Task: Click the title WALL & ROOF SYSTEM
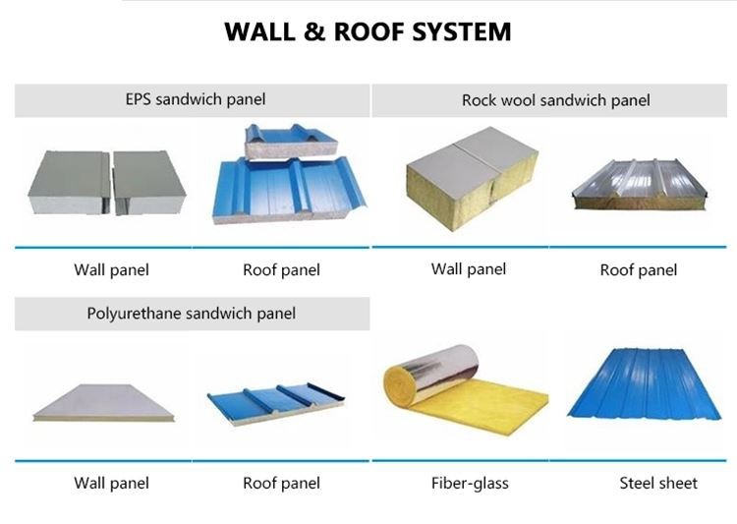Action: pos(368,31)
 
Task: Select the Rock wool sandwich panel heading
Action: pos(555,100)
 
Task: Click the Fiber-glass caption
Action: pos(470,483)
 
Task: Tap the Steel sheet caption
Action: pos(657,483)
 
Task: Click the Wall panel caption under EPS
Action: pos(111,269)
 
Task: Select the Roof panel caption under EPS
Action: pos(281,269)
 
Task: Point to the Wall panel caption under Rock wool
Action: pos(469,268)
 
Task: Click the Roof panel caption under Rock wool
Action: pos(638,269)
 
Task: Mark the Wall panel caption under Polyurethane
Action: pos(111,483)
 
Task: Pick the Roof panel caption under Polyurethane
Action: pos(281,483)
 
